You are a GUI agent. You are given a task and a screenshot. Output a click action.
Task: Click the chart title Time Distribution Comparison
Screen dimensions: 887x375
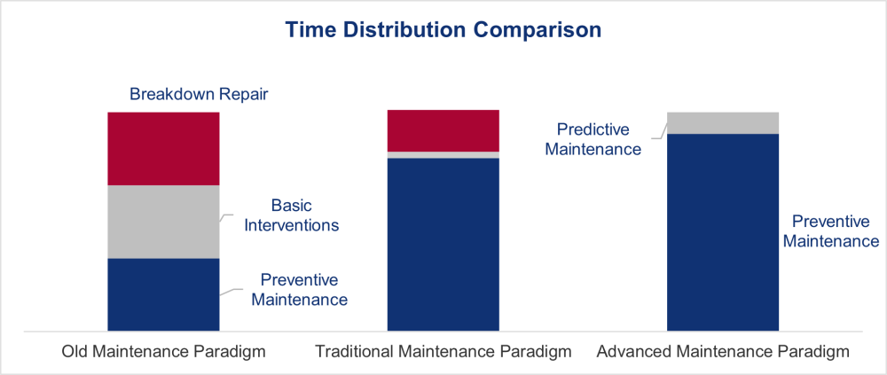[443, 30]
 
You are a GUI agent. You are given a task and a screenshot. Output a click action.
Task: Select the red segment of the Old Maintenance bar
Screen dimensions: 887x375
[163, 149]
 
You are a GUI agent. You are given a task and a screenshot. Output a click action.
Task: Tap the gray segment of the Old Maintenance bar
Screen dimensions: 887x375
[163, 222]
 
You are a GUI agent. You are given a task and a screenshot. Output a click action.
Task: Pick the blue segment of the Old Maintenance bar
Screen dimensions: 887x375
[163, 294]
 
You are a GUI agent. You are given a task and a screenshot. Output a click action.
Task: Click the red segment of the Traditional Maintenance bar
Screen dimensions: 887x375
[443, 130]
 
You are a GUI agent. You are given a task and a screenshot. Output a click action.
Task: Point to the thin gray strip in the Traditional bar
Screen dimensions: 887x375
[443, 155]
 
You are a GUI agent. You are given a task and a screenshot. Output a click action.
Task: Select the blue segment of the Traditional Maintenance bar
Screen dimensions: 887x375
[443, 245]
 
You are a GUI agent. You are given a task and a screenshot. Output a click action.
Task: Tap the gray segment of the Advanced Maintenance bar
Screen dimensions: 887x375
[723, 122]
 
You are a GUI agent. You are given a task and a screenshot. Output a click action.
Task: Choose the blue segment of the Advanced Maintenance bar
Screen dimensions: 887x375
[723, 232]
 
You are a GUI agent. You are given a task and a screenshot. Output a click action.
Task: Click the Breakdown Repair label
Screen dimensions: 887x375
[199, 94]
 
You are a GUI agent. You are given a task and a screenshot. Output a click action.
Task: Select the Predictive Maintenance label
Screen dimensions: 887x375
[593, 139]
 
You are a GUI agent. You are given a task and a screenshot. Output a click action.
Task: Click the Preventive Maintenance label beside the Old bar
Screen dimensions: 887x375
[299, 289]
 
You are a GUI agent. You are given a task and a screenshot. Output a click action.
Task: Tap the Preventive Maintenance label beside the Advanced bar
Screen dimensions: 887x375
[834, 230]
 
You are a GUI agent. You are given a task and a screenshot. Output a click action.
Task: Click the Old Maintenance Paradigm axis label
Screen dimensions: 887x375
[163, 352]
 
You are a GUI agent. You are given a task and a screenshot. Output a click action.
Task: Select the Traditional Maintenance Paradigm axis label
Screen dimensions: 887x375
[443, 352]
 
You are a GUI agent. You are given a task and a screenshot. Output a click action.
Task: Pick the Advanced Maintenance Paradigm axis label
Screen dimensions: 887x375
[723, 352]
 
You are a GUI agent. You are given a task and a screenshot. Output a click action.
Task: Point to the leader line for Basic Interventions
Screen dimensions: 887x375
[226, 218]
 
